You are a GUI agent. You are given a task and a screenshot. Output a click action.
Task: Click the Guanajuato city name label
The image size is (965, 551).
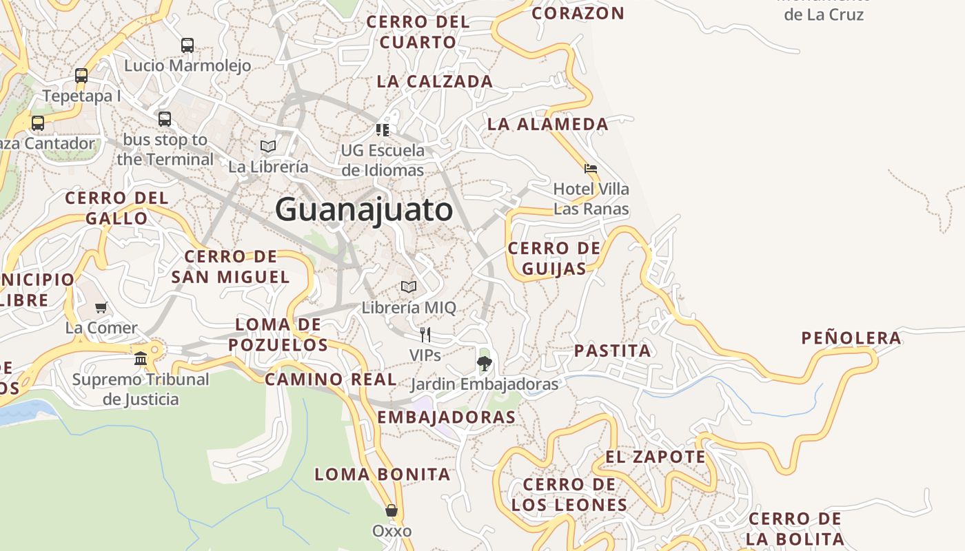tap(364, 209)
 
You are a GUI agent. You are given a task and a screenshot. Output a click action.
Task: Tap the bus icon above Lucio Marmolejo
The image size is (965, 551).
tap(187, 45)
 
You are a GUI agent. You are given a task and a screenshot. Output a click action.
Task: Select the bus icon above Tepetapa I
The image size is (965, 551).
tap(81, 76)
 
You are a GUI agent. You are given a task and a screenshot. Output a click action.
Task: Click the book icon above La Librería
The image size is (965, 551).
tap(268, 146)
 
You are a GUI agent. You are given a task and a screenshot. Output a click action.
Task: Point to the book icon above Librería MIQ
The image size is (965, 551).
tap(409, 287)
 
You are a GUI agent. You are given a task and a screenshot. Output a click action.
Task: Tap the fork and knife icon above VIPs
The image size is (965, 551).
tap(425, 335)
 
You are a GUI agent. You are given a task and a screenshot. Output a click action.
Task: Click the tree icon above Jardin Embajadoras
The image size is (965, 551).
tap(485, 363)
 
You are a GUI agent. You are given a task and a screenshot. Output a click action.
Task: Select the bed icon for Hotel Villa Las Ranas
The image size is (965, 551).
tap(591, 168)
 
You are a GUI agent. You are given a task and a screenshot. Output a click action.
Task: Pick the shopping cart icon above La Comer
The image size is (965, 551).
tap(101, 307)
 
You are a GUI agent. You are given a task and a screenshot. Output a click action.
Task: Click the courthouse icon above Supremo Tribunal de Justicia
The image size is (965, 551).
tap(141, 358)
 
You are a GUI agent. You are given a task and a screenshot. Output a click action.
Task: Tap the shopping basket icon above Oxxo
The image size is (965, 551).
tap(392, 510)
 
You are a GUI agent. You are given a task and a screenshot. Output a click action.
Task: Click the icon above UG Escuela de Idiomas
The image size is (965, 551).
tap(383, 129)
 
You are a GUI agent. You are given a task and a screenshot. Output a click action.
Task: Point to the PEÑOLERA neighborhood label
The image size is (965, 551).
tap(851, 338)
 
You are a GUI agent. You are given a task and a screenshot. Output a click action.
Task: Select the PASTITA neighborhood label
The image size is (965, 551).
tap(612, 351)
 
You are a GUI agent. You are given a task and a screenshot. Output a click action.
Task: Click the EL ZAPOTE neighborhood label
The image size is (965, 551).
tap(656, 457)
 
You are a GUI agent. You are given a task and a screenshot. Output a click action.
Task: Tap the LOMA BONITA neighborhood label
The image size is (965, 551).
tap(383, 474)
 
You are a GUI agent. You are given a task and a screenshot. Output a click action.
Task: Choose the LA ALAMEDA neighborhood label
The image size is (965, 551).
tap(548, 124)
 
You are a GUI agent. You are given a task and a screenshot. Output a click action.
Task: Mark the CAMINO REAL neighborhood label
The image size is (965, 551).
tap(331, 379)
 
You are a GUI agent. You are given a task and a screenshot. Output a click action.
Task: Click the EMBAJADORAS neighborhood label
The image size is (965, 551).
tap(446, 417)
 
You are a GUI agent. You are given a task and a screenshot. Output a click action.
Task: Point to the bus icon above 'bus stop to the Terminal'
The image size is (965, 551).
tap(165, 118)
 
